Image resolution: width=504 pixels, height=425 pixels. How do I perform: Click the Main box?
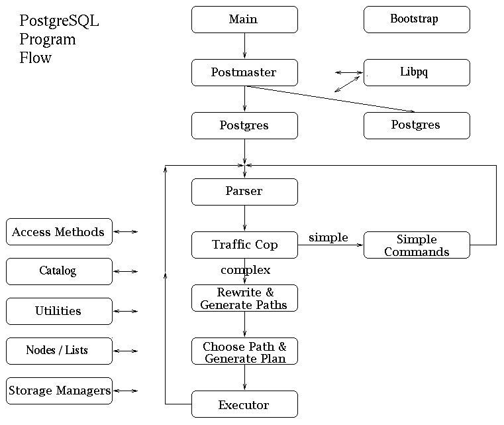tap(244, 19)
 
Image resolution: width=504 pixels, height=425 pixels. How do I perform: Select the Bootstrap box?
tap(417, 19)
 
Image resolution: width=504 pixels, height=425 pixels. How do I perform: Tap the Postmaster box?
tap(244, 72)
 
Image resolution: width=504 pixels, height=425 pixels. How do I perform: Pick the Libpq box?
tap(417, 72)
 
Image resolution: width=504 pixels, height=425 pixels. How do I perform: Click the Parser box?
tap(244, 192)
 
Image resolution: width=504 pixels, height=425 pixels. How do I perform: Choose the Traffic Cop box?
tap(244, 245)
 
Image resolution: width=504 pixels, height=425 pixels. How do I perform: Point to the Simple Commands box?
tap(417, 245)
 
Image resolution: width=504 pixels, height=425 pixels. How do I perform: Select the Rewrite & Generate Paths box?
tap(244, 298)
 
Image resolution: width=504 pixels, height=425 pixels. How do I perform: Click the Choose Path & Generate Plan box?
tap(244, 351)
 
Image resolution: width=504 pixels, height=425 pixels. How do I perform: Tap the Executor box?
tap(244, 404)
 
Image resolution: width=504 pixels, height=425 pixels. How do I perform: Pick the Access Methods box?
tap(59, 231)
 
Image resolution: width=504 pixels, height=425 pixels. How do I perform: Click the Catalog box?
tap(59, 272)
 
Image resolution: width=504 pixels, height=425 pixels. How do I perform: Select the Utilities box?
tap(59, 311)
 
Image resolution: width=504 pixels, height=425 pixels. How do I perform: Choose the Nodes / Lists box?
tap(59, 351)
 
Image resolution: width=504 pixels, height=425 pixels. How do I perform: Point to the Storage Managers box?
tap(59, 391)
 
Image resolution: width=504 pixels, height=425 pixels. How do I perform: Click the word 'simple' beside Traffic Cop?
tap(328, 237)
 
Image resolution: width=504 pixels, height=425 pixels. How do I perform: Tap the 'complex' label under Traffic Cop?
tap(246, 271)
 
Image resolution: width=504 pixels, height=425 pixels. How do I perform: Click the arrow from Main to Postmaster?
tap(244, 46)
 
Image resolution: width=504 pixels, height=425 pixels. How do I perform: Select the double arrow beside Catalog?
tap(126, 272)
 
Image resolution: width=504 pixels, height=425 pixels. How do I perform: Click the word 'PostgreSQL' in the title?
tap(59, 21)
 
